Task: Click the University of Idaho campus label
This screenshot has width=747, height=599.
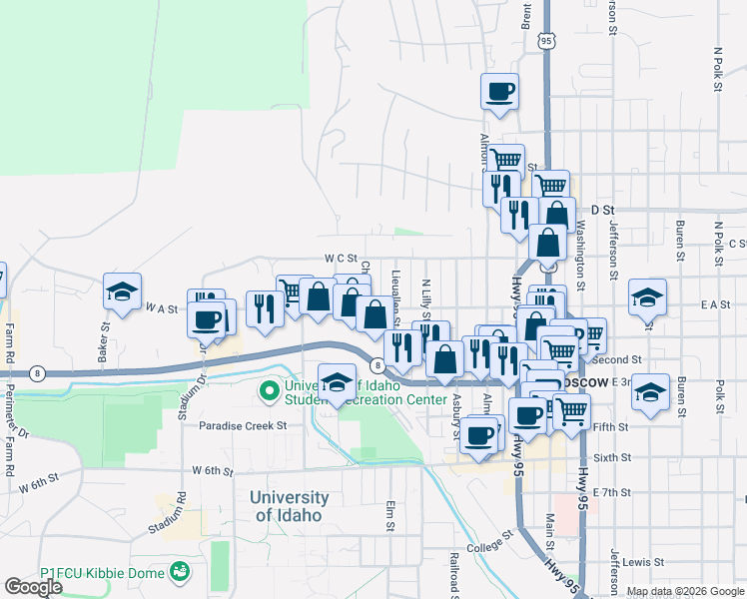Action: click(290, 506)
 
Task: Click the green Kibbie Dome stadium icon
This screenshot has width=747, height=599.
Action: click(180, 572)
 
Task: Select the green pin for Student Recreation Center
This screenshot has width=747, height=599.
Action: click(269, 390)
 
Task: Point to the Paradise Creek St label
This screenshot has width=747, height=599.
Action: click(243, 425)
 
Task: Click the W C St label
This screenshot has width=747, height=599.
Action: click(341, 258)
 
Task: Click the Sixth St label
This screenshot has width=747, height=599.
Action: click(612, 457)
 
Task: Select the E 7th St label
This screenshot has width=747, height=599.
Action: click(612, 492)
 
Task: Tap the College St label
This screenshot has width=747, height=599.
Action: click(488, 547)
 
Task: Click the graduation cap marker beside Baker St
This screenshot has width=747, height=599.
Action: click(122, 292)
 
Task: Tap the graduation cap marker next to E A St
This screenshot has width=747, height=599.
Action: click(647, 297)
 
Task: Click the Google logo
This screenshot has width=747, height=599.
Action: click(34, 587)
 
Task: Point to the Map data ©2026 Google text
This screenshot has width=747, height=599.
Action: click(685, 592)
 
